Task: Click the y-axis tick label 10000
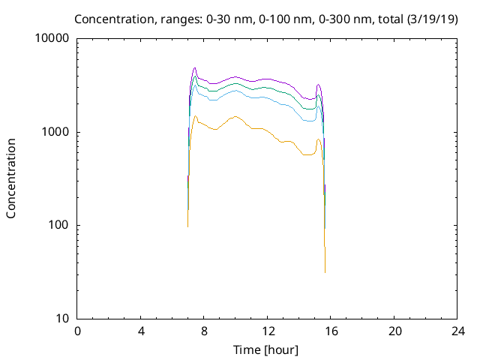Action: (52, 39)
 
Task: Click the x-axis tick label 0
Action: (77, 331)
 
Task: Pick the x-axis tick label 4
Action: (141, 331)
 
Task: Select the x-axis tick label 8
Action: (205, 331)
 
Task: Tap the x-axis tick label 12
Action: (268, 331)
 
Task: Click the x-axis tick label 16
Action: (331, 331)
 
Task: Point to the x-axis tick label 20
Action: (395, 331)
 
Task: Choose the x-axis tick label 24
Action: (458, 331)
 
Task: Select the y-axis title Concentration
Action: (11, 178)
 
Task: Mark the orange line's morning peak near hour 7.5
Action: (196, 115)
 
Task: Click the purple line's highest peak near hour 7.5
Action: (195, 67)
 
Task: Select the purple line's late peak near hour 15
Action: (319, 85)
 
